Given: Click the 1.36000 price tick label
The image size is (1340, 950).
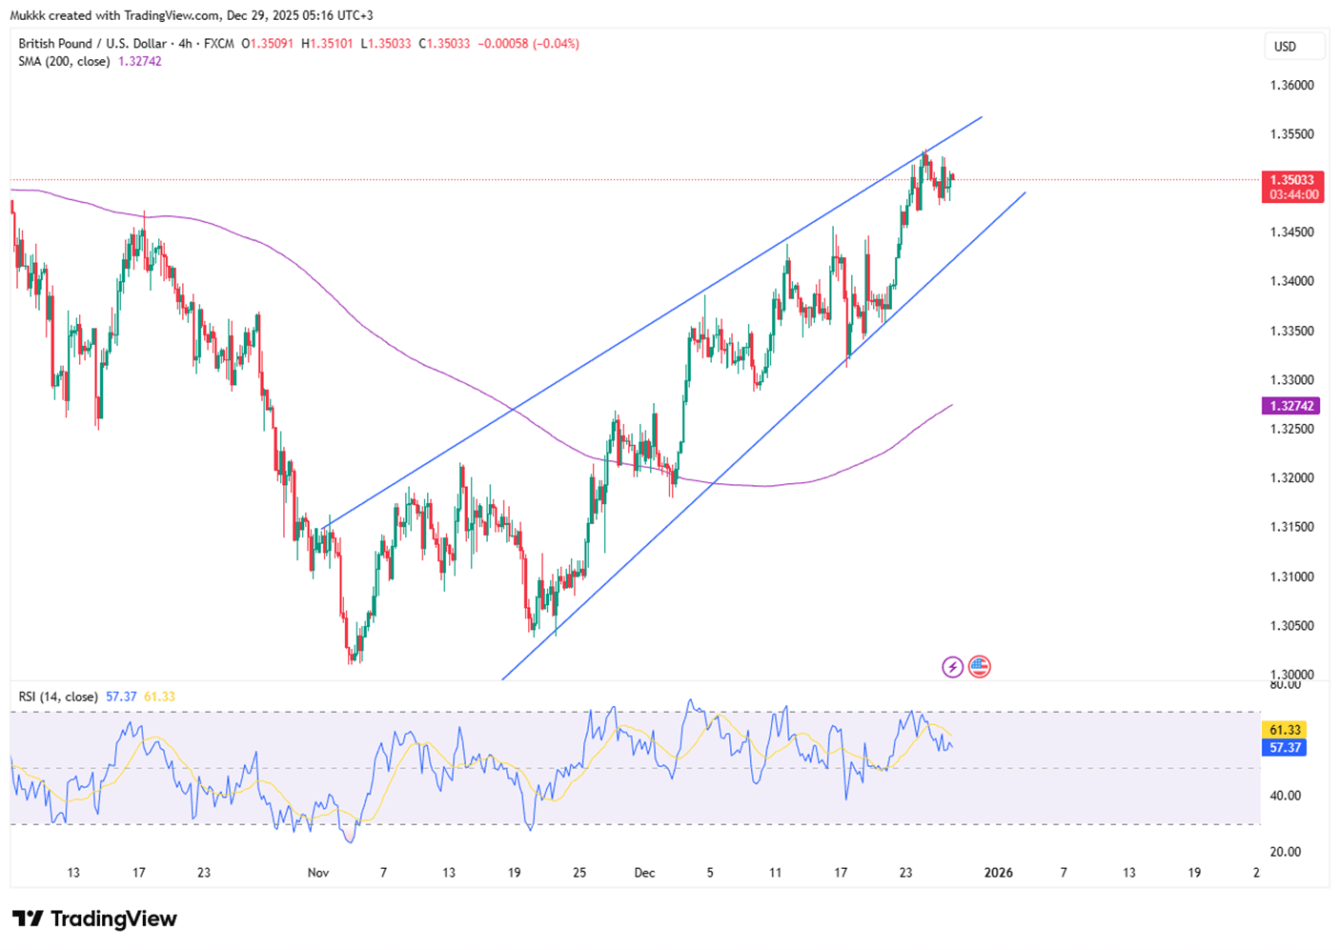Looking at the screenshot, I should tap(1291, 86).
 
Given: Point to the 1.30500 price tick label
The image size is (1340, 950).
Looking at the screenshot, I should tap(1291, 626).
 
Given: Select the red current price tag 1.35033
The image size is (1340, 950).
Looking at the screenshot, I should tap(1291, 180).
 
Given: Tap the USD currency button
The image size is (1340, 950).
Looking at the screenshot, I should tap(1285, 47).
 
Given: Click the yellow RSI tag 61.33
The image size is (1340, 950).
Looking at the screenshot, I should tap(1285, 730).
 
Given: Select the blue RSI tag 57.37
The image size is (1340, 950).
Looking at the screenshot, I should tap(1285, 748).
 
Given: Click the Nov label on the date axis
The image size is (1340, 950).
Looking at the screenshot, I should tap(318, 873).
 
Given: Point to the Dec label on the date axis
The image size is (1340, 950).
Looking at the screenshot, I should tap(644, 873).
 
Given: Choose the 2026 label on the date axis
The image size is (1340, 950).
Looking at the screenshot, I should tap(998, 873).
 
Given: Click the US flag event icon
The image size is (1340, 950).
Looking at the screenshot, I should tap(979, 667).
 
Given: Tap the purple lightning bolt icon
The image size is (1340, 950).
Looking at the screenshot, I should tap(952, 667).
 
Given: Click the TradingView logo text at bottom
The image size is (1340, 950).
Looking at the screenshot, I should tap(95, 919).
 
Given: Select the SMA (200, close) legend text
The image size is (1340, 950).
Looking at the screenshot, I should tap(64, 62).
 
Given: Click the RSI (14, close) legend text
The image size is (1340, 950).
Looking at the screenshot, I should tap(58, 697).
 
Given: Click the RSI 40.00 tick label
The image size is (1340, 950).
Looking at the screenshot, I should tap(1285, 796).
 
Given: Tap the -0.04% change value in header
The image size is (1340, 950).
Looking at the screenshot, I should tap(558, 44).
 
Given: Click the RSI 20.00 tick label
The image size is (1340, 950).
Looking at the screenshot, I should tap(1285, 852).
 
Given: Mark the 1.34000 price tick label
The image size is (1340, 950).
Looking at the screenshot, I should tap(1291, 282).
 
